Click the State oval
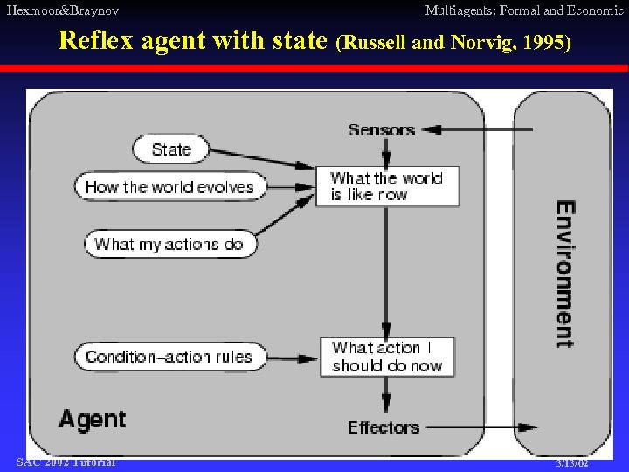(171, 149)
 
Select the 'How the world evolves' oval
(169, 186)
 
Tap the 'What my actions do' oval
(169, 244)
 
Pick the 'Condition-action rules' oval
(169, 357)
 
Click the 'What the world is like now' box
(387, 186)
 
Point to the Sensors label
(381, 130)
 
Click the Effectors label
(384, 427)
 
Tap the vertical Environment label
(565, 274)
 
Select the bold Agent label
(93, 420)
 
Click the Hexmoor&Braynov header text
(63, 10)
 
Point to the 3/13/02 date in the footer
(572, 463)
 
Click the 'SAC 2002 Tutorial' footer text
(66, 462)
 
